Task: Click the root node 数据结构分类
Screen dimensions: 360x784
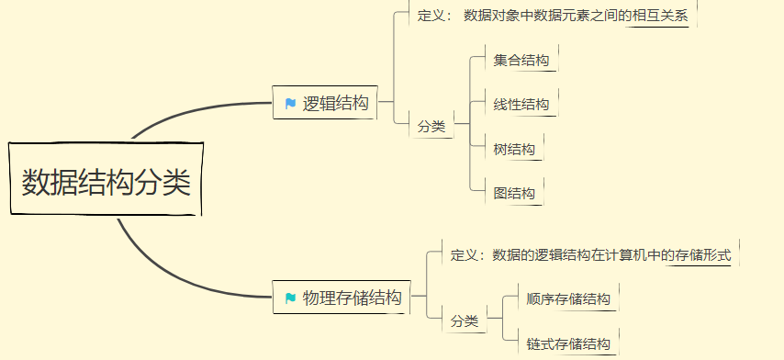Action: tap(106, 181)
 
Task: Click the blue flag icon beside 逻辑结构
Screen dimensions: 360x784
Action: tap(290, 104)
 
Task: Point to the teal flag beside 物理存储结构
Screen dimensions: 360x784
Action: tap(290, 298)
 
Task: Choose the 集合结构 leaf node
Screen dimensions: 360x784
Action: tap(521, 61)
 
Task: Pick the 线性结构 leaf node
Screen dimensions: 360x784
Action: tap(521, 104)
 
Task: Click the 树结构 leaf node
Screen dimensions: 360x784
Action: tap(513, 149)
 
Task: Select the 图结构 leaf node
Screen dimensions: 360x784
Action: tap(513, 193)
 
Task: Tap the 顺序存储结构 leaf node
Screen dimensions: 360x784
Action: tap(568, 298)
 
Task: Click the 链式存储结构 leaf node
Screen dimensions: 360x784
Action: tap(568, 344)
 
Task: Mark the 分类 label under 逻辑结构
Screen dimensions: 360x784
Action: tap(431, 127)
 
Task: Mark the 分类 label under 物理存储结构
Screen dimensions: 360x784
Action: tap(464, 321)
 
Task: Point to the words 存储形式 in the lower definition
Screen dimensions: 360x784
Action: tap(702, 254)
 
